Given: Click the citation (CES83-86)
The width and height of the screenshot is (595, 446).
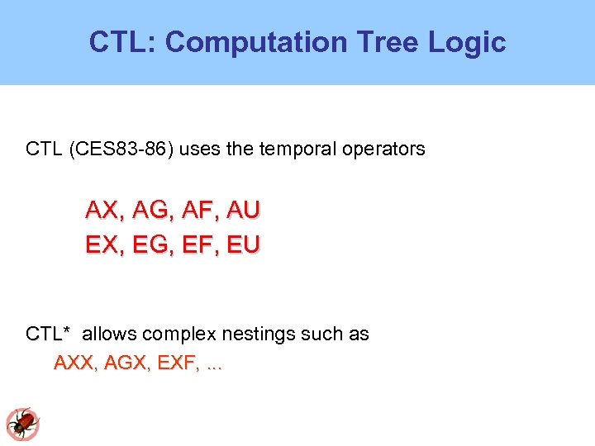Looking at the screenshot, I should pos(121,149).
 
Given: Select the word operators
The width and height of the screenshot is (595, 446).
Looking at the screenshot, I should pos(386,149).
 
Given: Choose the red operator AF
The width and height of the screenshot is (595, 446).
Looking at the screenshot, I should pos(196,211).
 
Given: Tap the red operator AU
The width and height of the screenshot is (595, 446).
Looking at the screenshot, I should pos(242,211).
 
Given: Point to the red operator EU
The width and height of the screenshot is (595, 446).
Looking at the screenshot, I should pos(243,245).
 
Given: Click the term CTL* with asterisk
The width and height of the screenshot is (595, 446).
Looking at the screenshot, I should pos(48,334).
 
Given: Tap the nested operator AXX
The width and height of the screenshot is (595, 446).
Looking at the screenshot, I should pos(72,363).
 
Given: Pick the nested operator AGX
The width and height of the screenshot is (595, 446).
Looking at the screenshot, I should pos(121,363).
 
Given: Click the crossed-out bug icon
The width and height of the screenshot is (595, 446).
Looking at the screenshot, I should pos(22,424).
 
